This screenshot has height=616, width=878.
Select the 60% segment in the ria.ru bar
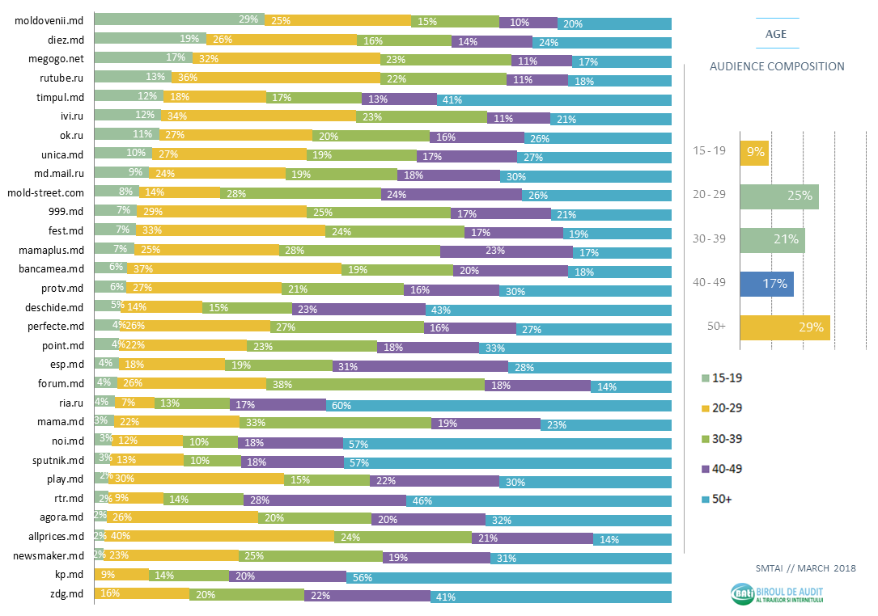[498, 404]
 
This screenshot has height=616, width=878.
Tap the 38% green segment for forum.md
[375, 385]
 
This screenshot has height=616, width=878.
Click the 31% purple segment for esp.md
[420, 365]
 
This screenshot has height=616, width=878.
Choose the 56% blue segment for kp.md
[508, 577]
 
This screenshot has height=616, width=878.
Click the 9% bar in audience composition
[754, 152]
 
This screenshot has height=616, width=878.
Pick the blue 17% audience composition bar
[766, 284]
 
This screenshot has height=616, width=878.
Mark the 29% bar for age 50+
[784, 327]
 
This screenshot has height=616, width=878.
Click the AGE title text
[776, 35]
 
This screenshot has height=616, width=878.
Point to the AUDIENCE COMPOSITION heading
[777, 67]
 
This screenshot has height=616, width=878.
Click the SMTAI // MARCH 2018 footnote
[804, 568]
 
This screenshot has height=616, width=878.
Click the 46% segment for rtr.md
[538, 500]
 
